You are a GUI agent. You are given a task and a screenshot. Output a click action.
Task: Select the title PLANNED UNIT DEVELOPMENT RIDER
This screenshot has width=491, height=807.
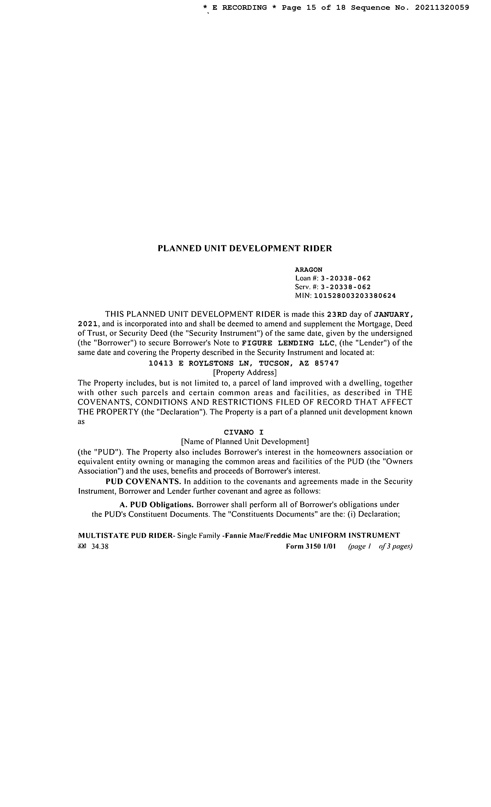[x=245, y=248]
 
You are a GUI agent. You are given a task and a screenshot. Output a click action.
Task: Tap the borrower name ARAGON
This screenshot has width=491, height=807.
[x=309, y=270]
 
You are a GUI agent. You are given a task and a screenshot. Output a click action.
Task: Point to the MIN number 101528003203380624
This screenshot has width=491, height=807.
[x=355, y=296]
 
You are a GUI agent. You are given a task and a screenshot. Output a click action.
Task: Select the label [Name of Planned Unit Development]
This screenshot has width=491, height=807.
[x=245, y=442]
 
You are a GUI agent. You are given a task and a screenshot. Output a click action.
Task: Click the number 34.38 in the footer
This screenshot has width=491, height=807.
[x=100, y=547]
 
